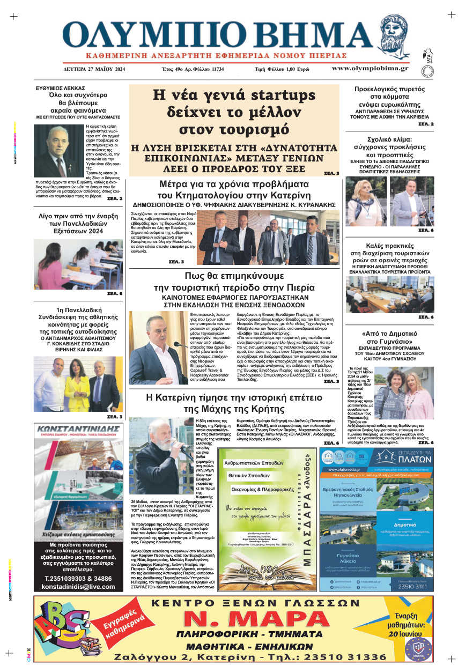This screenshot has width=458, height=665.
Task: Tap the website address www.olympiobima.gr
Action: pos(370,69)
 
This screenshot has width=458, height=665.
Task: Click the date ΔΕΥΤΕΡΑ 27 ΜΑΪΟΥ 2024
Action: pos(94,69)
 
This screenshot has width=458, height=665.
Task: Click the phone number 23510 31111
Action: pos(409,587)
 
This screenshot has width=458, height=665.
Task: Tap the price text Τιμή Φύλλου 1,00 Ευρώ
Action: pos(282,69)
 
